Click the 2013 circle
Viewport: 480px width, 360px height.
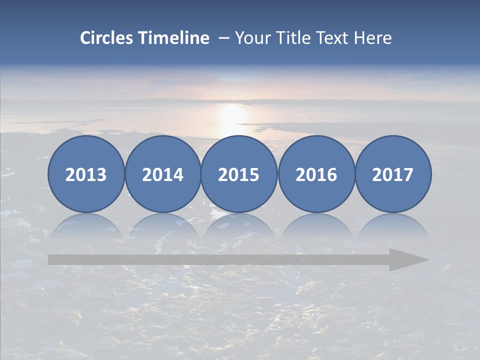click(86, 174)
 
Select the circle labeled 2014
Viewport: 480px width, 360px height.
click(162, 174)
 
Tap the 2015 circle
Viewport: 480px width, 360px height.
click(239, 174)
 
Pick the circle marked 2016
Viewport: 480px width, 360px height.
click(316, 174)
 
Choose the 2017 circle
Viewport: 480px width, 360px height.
click(393, 174)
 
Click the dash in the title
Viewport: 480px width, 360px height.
click(223, 38)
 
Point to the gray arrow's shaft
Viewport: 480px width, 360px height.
click(215, 259)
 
